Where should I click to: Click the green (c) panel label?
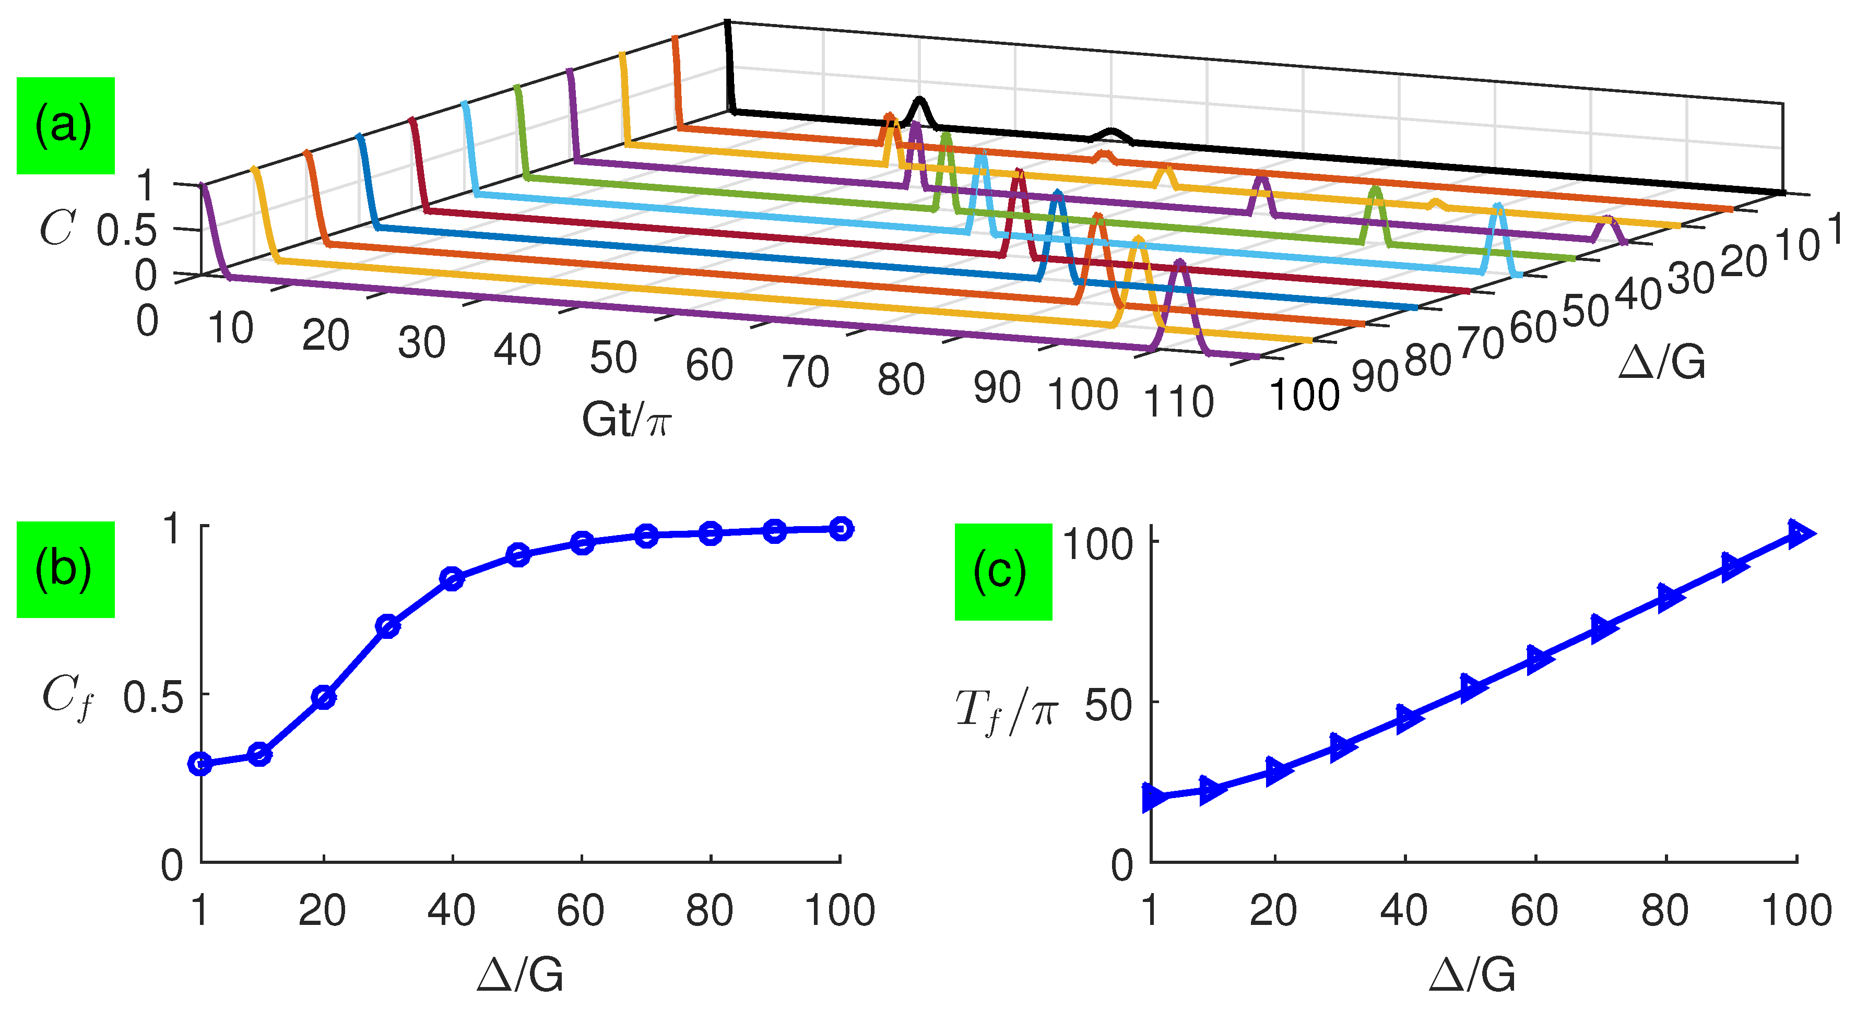[1002, 571]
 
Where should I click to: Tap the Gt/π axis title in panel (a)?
[625, 419]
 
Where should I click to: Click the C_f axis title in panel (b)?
[66, 697]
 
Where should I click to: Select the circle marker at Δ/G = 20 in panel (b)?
[324, 697]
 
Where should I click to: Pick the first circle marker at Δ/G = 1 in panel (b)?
[200, 764]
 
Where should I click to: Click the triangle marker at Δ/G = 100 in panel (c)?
[1799, 533]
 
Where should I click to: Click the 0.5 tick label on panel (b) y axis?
[153, 697]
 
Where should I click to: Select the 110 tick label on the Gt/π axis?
[1179, 401]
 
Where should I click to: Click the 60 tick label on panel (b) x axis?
[581, 911]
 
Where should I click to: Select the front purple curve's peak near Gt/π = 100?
[1179, 264]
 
